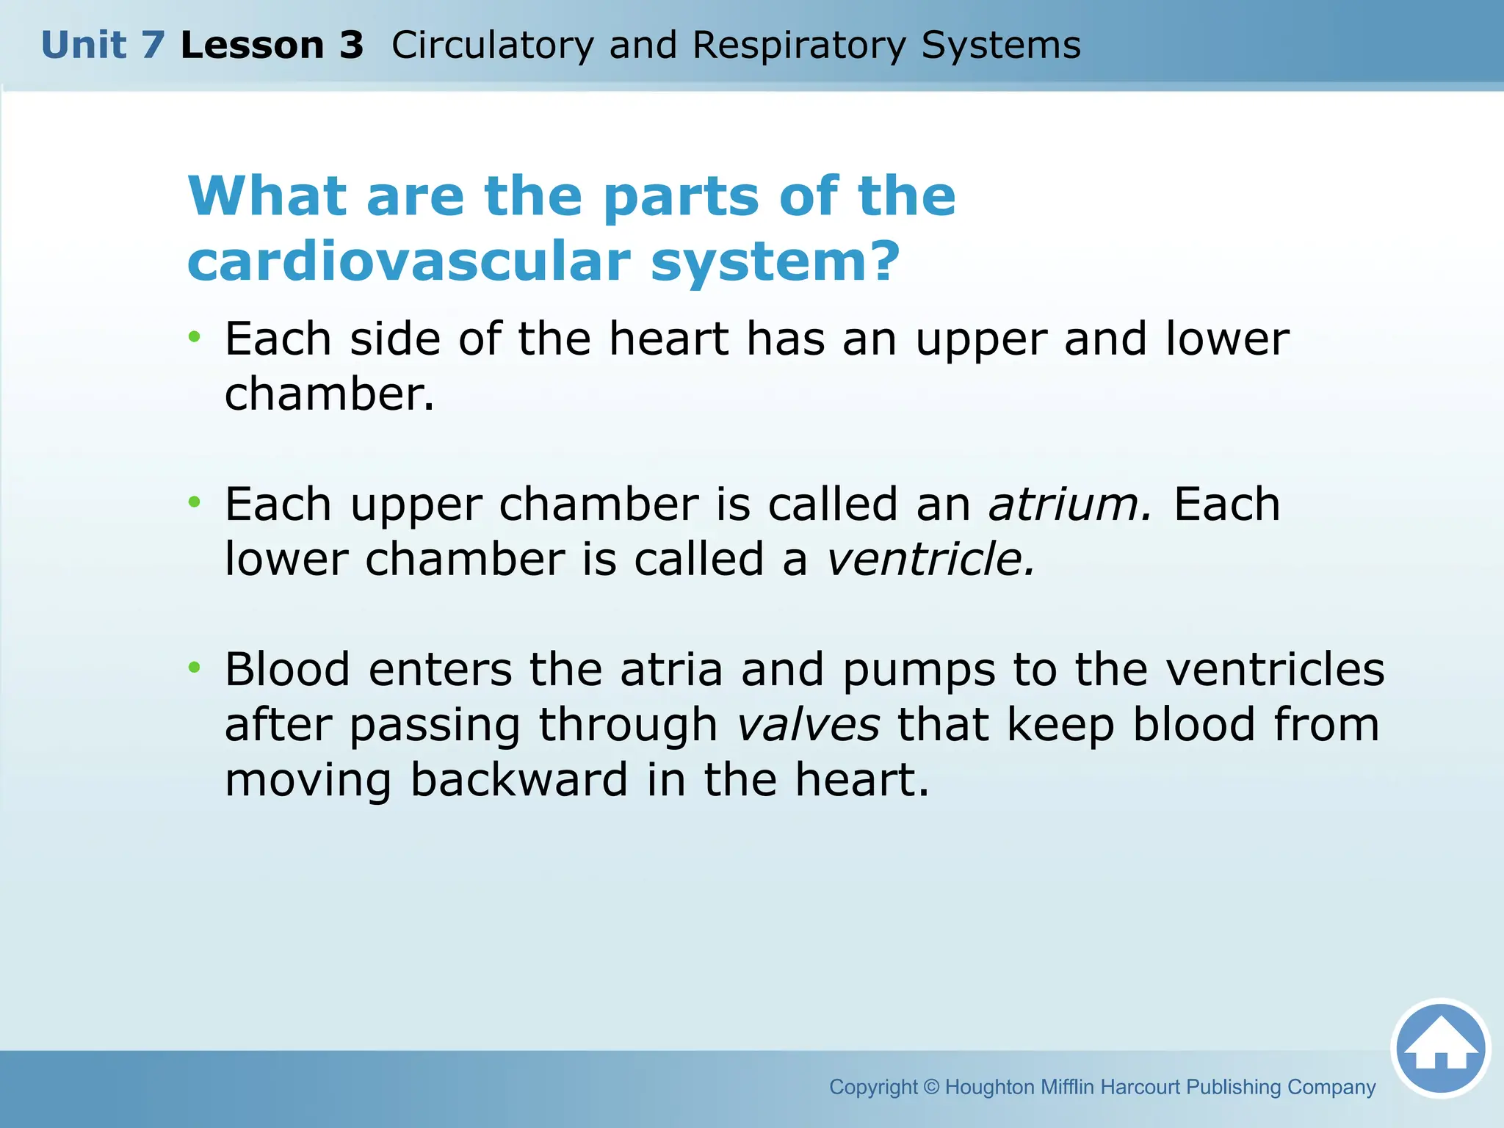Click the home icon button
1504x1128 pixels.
(1440, 1049)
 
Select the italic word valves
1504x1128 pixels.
(808, 725)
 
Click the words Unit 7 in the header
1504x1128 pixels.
(103, 46)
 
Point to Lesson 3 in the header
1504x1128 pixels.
(272, 46)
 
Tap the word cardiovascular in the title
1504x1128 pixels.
(408, 261)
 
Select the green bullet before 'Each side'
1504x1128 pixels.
(194, 337)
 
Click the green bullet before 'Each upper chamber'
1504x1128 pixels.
(194, 502)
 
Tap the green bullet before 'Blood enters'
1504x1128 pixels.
(194, 668)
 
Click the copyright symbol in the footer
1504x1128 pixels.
(931, 1087)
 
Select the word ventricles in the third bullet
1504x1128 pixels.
(1275, 670)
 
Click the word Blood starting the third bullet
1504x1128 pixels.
(287, 670)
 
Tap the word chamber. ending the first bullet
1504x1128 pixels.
(329, 394)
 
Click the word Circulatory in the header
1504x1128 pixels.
(492, 46)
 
